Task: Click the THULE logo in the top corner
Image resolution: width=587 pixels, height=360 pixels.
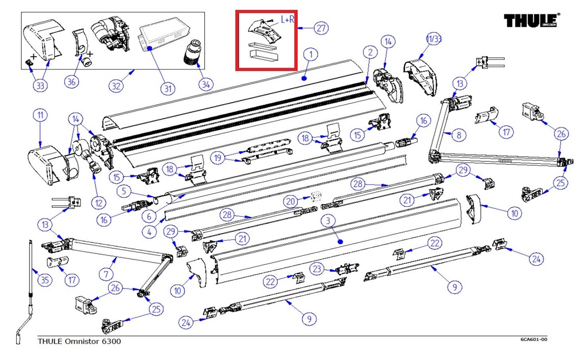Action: (x=532, y=21)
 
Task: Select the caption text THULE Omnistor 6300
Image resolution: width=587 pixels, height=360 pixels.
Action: (x=80, y=341)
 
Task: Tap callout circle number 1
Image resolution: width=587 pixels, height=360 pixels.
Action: (x=310, y=54)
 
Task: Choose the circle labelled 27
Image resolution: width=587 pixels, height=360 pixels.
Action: (x=320, y=28)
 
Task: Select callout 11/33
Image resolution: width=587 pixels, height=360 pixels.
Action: (x=433, y=39)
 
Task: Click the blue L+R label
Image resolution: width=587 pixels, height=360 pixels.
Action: (x=288, y=19)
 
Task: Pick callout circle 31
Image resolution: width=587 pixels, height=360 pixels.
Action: (x=167, y=88)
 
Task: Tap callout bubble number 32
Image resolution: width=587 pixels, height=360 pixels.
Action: (x=117, y=86)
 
